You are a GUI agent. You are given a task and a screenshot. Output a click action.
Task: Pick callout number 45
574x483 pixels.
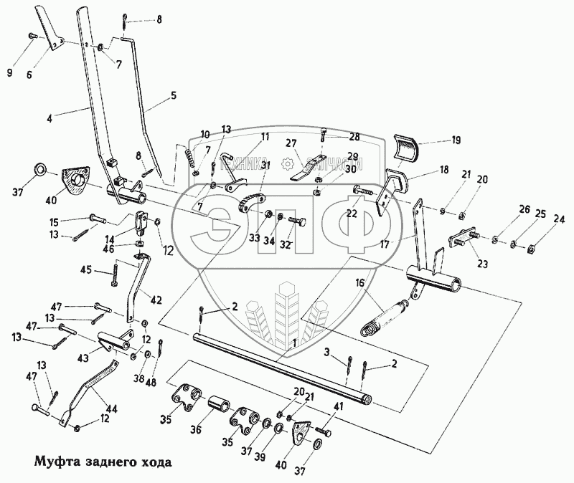coord(85,269)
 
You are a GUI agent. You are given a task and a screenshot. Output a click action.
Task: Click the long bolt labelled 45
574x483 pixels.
coord(115,275)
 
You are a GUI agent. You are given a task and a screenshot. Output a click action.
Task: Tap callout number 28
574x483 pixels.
coord(334,136)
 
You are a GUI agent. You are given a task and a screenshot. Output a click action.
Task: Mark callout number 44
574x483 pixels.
coord(111,409)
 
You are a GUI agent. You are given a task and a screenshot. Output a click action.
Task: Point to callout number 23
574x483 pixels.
coord(481,264)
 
